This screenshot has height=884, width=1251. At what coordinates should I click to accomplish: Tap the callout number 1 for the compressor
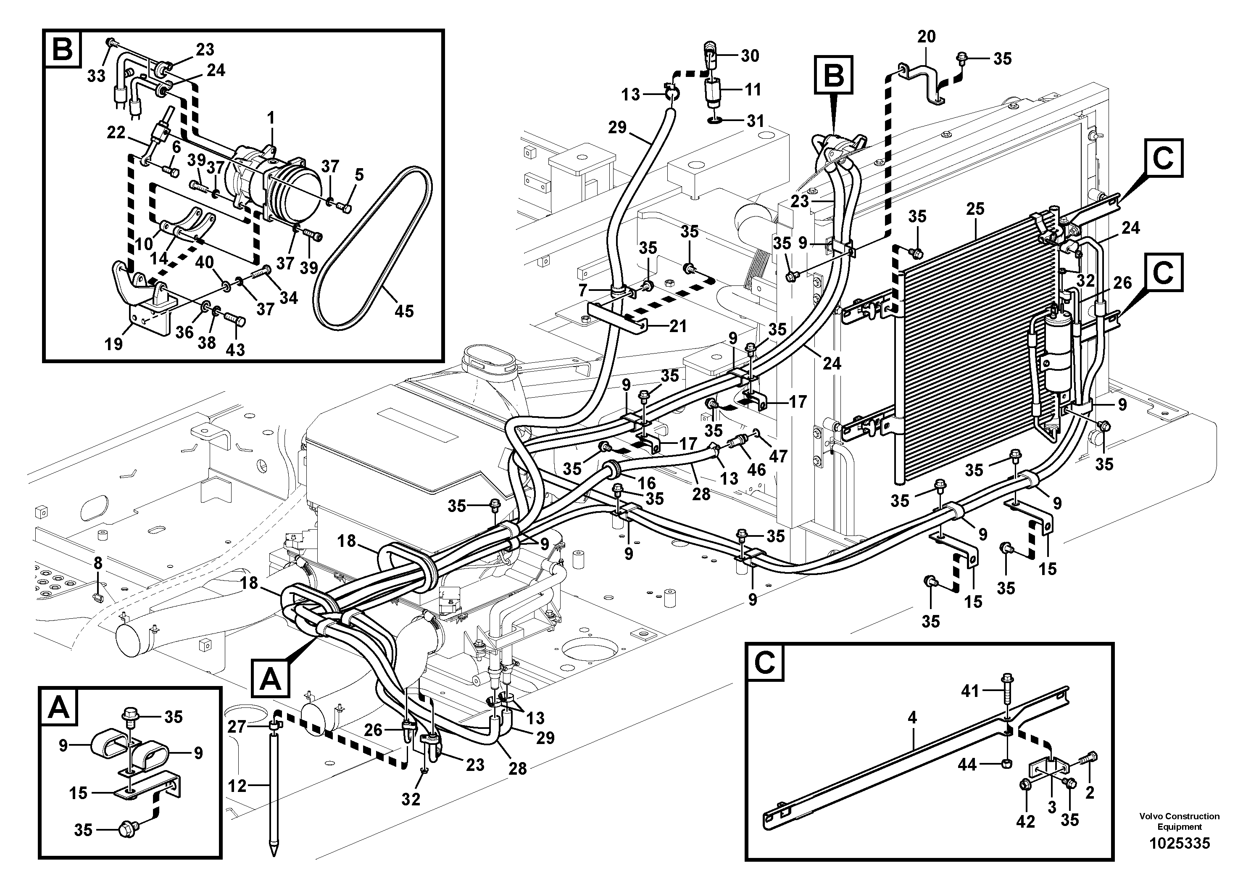click(271, 118)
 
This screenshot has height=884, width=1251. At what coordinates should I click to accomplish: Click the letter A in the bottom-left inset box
click(59, 708)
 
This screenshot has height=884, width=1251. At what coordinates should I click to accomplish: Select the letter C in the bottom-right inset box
click(765, 663)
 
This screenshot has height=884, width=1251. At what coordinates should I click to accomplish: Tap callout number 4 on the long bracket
click(912, 718)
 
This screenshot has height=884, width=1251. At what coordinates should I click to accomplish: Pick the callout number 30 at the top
click(750, 55)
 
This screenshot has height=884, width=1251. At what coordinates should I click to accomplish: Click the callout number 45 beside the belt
click(404, 311)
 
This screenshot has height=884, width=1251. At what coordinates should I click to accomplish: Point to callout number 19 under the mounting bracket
click(114, 344)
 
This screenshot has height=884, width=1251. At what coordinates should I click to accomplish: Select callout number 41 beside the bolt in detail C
click(970, 691)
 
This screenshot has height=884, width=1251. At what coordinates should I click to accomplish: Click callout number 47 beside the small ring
click(779, 456)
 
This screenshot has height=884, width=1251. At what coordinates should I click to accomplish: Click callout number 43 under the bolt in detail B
click(235, 349)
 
